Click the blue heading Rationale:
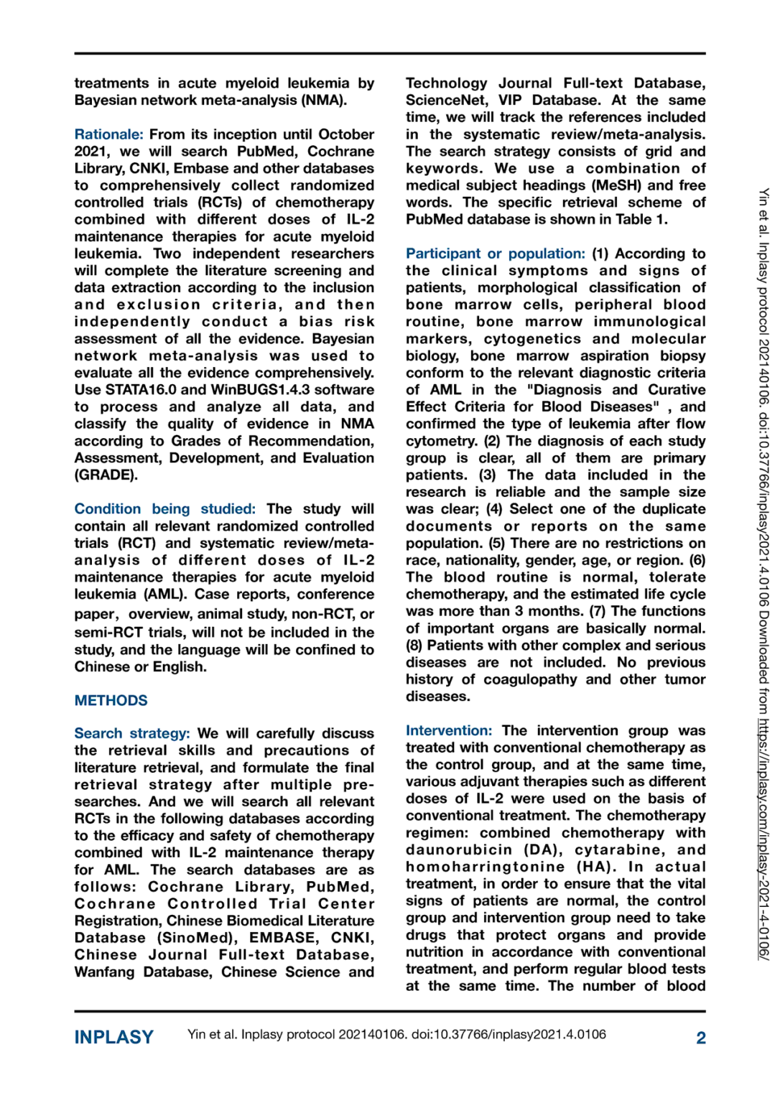pos(108,134)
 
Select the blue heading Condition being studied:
pos(164,509)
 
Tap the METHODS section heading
pos(111,700)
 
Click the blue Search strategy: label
pos(131,733)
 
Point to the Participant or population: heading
pos(495,253)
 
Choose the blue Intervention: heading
pos(449,730)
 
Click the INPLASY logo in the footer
pos(113,1037)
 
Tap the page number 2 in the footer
pos(700,1038)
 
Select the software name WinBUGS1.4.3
pos(272,390)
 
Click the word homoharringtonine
pos(485,867)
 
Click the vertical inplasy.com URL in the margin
pos(763,840)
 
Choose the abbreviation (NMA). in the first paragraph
pos(324,101)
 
